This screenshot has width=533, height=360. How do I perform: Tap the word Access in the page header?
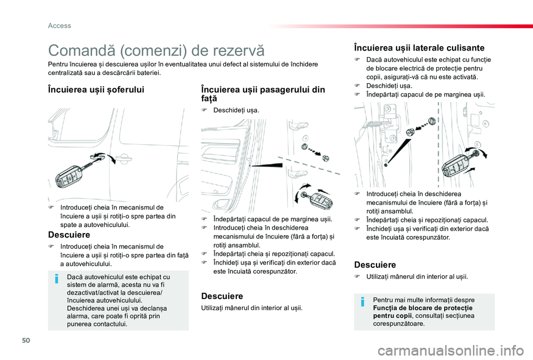coord(59,25)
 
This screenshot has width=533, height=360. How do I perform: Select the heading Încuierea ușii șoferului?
coord(97,89)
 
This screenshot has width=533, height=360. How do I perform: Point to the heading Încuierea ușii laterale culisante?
coord(419,48)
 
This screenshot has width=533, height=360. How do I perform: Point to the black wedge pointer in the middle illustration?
coord(259,165)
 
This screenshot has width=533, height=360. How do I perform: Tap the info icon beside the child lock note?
coord(363,302)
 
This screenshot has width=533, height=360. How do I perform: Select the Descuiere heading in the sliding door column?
coord(375,265)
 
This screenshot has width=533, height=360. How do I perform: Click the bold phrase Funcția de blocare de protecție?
coord(423,308)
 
